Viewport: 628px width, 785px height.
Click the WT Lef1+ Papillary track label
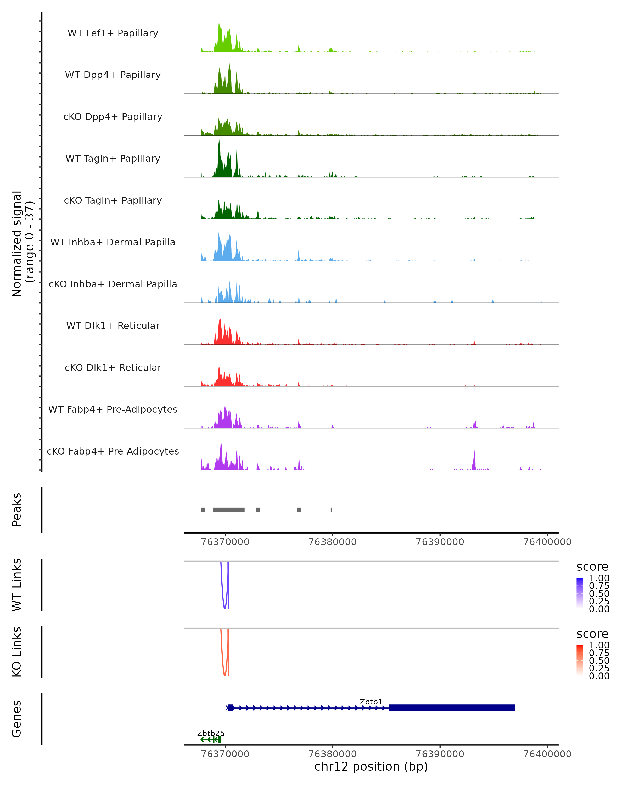[113, 33]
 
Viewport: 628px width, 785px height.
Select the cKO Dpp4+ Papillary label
[113, 117]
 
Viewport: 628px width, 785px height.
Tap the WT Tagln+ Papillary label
[113, 159]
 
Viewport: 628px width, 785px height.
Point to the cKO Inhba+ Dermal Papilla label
[113, 284]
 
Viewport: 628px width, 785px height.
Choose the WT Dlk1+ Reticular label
[113, 326]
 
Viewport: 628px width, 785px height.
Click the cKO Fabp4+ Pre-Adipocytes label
[113, 451]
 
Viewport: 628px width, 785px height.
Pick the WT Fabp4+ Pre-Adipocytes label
[113, 410]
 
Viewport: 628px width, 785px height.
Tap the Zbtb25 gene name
[211, 733]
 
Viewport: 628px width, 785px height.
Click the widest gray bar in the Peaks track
[229, 510]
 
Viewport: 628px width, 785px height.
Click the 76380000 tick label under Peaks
[332, 542]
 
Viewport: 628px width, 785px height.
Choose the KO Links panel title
[17, 652]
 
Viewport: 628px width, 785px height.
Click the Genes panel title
[17, 719]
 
